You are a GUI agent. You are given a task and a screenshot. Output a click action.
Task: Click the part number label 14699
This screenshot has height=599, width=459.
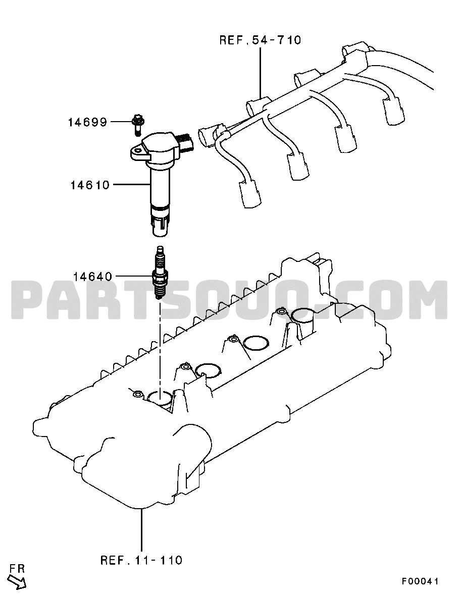coord(87,122)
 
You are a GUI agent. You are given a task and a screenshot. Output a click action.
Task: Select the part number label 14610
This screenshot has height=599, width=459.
coord(90,185)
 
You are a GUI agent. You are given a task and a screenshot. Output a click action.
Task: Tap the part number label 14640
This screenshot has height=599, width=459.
coord(93,276)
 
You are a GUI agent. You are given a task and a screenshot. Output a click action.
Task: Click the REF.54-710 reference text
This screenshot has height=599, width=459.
coord(261,40)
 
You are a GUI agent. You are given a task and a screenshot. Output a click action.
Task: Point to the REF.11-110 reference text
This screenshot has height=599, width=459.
coord(141,561)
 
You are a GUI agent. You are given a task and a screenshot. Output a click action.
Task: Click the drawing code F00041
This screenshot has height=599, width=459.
coord(419,582)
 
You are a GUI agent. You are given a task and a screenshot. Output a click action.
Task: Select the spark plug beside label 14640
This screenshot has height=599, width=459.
coord(160,273)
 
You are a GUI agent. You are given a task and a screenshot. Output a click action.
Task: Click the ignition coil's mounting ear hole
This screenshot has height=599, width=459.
coord(137,152)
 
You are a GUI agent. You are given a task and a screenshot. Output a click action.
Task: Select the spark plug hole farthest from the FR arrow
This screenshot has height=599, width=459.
coord(302,315)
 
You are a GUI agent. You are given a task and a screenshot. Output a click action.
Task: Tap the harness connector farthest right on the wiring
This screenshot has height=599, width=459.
coord(392,111)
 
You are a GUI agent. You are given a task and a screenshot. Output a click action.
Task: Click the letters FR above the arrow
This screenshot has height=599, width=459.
coord(17,569)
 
